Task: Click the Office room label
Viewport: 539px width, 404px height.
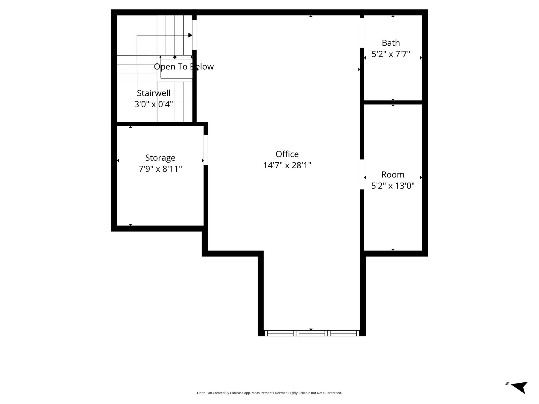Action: (x=287, y=154)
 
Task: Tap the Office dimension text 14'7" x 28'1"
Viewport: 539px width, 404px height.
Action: (x=287, y=165)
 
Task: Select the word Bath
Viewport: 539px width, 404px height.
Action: (x=391, y=43)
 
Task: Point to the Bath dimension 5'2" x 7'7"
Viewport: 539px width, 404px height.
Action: (x=391, y=54)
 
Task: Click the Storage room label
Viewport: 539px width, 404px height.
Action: (x=160, y=158)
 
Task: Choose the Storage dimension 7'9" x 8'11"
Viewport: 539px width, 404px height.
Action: (x=160, y=169)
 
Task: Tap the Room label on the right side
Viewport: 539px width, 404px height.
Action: (x=393, y=175)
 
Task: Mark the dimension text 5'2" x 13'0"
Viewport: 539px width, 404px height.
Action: (x=393, y=186)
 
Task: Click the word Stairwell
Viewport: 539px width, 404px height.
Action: (x=154, y=93)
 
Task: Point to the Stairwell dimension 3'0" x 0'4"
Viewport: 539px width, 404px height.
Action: (x=154, y=104)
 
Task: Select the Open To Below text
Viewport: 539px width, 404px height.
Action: (x=184, y=67)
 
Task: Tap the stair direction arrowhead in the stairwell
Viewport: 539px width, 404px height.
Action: (x=190, y=35)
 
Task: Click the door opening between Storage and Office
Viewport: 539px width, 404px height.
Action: (x=206, y=150)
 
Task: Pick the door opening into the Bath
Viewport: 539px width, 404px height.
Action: (x=362, y=33)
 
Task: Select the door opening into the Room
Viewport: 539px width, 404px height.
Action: (x=362, y=174)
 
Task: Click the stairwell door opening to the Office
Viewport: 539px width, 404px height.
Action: (x=194, y=35)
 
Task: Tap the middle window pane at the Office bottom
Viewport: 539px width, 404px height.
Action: (x=312, y=333)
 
